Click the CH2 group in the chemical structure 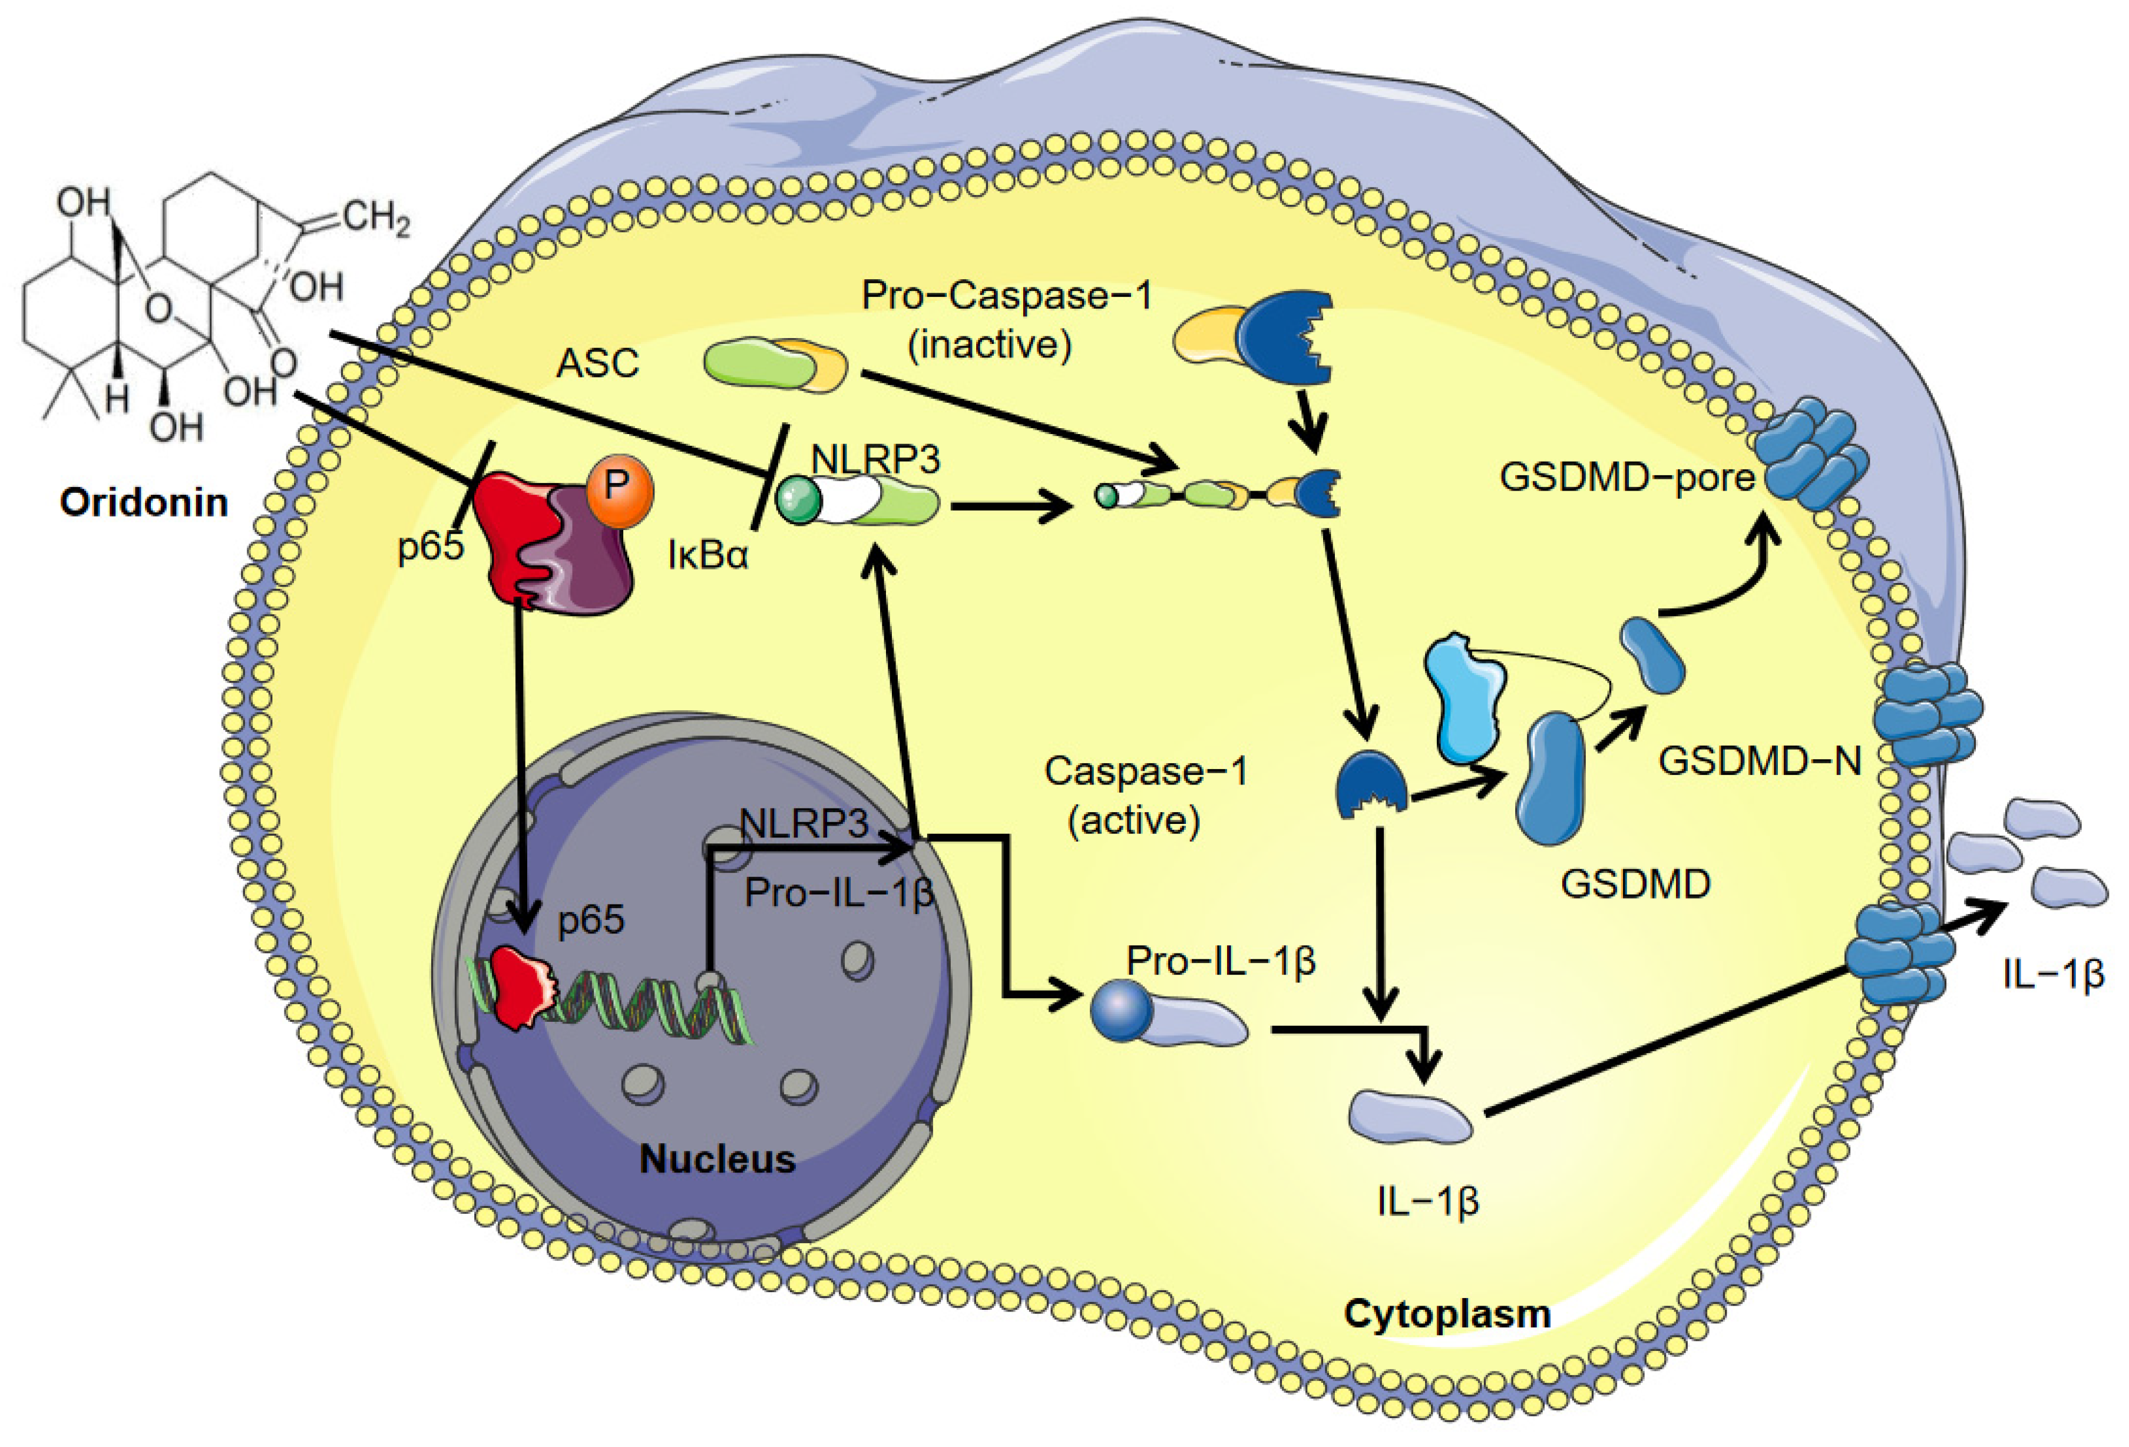coord(376,218)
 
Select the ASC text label coord(597,363)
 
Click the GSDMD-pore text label coord(1626,477)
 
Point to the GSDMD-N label coord(1759,761)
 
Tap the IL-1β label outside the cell coord(2052,974)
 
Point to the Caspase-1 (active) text coord(1145,795)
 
